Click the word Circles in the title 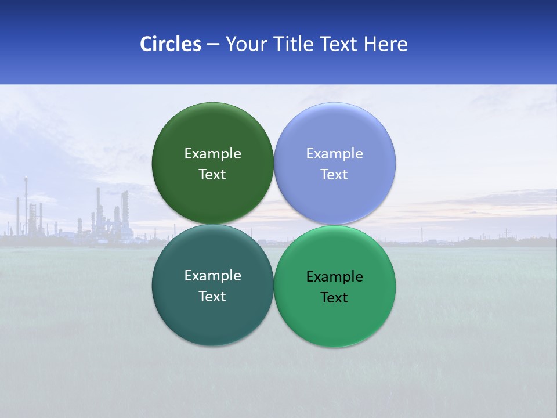(x=170, y=44)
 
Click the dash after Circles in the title (x=213, y=45)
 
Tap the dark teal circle (x=212, y=325)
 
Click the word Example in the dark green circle (x=212, y=154)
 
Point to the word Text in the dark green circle (x=212, y=175)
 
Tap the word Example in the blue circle (x=334, y=154)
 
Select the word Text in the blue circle (x=334, y=175)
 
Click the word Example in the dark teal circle (x=212, y=276)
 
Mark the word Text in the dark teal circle (x=212, y=297)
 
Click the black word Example (x=334, y=277)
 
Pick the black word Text (x=334, y=298)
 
